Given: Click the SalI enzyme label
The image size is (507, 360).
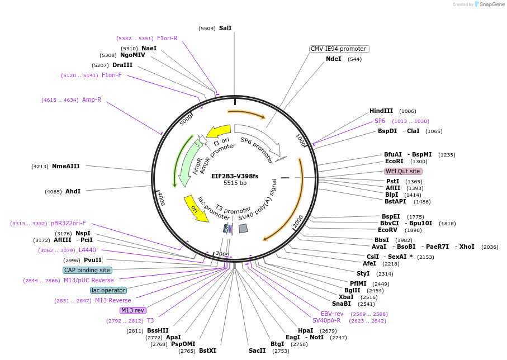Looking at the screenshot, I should point(225,28).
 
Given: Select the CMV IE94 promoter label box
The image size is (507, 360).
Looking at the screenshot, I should point(338,49).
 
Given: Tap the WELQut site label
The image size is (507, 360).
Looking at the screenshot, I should point(402,171).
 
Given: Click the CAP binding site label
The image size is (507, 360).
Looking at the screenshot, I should point(87,270).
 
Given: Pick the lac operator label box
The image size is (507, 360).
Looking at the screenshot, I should point(108,290).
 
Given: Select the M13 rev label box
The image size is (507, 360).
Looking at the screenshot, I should point(133,310).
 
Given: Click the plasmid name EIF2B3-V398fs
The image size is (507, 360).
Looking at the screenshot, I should point(235,176).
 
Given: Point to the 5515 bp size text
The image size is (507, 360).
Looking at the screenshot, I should point(235,183).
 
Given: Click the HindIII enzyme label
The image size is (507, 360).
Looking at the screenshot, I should point(381,111).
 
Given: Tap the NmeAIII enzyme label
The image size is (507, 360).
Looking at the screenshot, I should point(66,166).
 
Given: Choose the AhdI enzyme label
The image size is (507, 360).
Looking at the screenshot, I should point(73,191).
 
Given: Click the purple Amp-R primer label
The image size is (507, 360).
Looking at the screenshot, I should point(92,100).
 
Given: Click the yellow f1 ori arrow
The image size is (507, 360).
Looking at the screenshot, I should point(219,132).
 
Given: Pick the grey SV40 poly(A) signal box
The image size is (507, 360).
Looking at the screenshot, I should point(243,228).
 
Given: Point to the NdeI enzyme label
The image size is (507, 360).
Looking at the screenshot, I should point(334,59).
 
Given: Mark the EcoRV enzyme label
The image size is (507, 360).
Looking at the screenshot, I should point(388,230).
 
